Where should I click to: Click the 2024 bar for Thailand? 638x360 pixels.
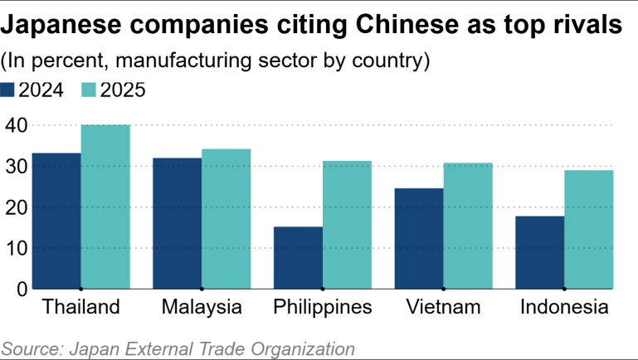pos(56,221)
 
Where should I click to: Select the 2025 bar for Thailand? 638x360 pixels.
pos(105,207)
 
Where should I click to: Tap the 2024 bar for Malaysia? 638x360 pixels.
pos(177,223)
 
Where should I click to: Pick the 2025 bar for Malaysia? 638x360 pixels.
pos(226,219)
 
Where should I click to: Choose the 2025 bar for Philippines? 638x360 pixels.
pos(347,225)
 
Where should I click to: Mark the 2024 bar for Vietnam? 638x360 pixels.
pos(419,238)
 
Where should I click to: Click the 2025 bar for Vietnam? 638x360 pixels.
pos(468,226)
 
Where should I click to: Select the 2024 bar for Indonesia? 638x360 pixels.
pos(540,252)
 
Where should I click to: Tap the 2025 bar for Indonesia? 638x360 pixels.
pos(589,229)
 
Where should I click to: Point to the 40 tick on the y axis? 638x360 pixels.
pos(16,125)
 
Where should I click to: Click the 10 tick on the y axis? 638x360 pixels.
pos(16,248)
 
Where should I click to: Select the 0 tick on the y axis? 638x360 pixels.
pos(22,289)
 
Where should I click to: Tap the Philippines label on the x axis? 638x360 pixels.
pos(323,308)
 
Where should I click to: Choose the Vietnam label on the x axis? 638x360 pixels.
pos(444,308)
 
